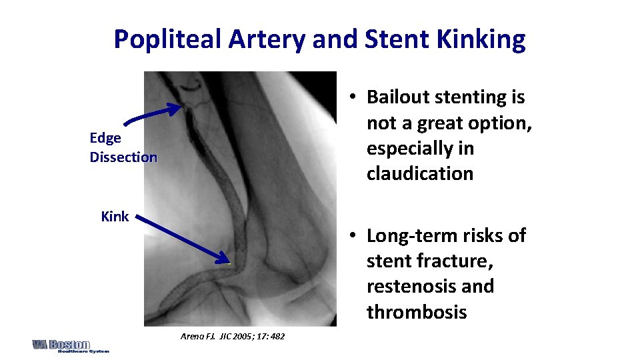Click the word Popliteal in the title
(x=168, y=40)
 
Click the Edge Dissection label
(x=123, y=147)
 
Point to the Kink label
(x=114, y=217)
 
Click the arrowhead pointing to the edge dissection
(x=176, y=107)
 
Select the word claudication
(x=420, y=173)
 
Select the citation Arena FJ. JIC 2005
(x=232, y=336)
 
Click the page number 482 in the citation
(x=277, y=336)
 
